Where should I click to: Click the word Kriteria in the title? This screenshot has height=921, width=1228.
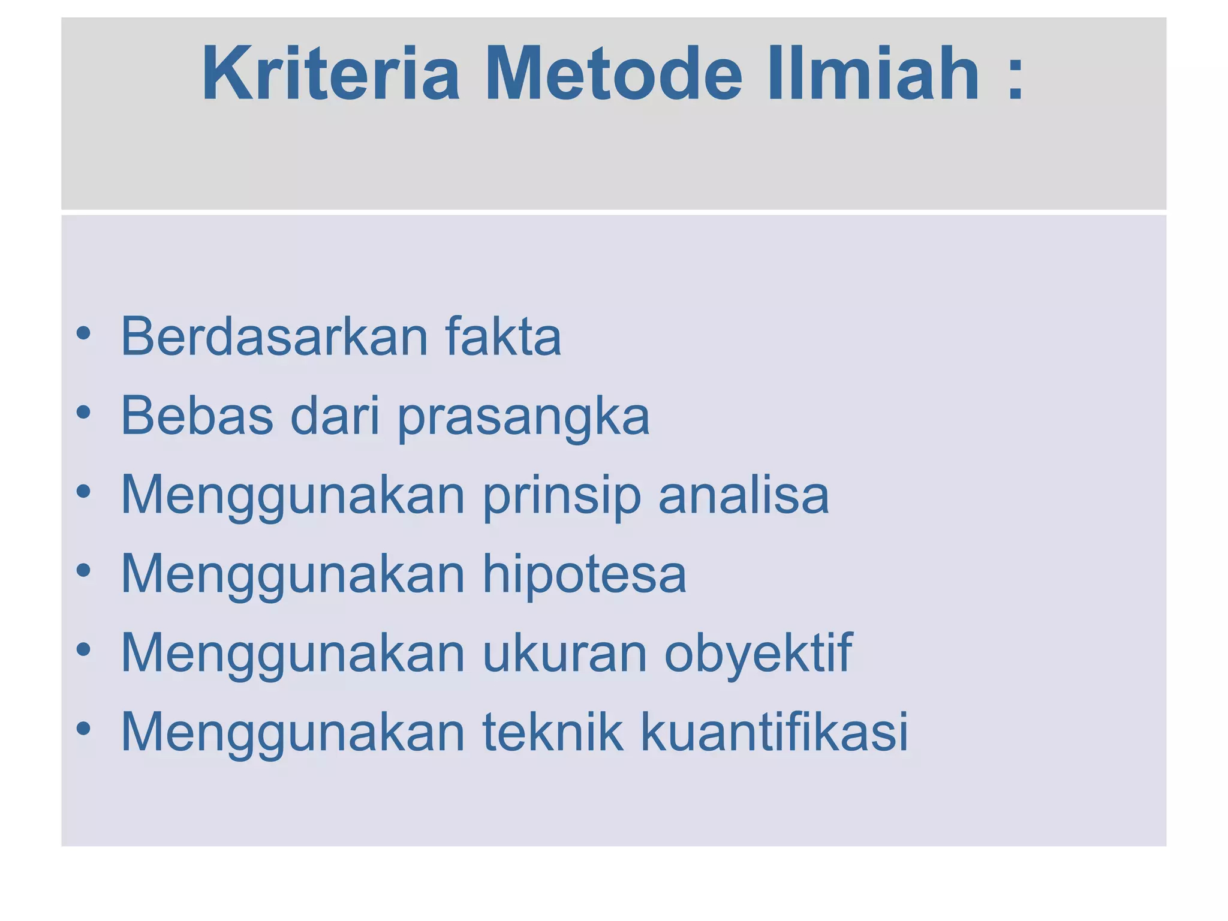tap(330, 74)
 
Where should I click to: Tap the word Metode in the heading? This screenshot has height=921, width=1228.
tap(615, 74)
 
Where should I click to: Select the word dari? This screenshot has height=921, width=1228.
tap(335, 416)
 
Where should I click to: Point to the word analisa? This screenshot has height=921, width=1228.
tap(744, 495)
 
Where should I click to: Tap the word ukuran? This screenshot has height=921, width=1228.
tap(565, 654)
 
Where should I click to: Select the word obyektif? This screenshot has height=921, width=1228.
tap(758, 654)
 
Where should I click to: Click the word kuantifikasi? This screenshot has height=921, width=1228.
tap(774, 732)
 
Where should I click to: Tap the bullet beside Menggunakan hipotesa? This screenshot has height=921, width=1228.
tap(83, 570)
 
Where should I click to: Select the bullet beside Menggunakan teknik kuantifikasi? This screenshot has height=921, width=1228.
tap(83, 729)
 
